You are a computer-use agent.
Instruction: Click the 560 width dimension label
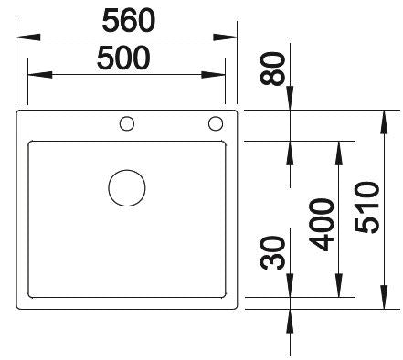pyautogui.click(x=128, y=18)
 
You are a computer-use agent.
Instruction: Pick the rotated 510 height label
pyautogui.click(x=367, y=206)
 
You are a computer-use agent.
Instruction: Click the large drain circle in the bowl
pyautogui.click(x=127, y=187)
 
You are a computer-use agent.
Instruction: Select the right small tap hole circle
pyautogui.click(x=216, y=122)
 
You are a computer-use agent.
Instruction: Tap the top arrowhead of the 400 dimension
pyautogui.click(x=340, y=146)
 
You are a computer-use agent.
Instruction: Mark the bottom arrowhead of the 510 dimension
pyautogui.click(x=384, y=303)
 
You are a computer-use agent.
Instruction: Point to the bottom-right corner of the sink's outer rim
pyautogui.click(x=238, y=309)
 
